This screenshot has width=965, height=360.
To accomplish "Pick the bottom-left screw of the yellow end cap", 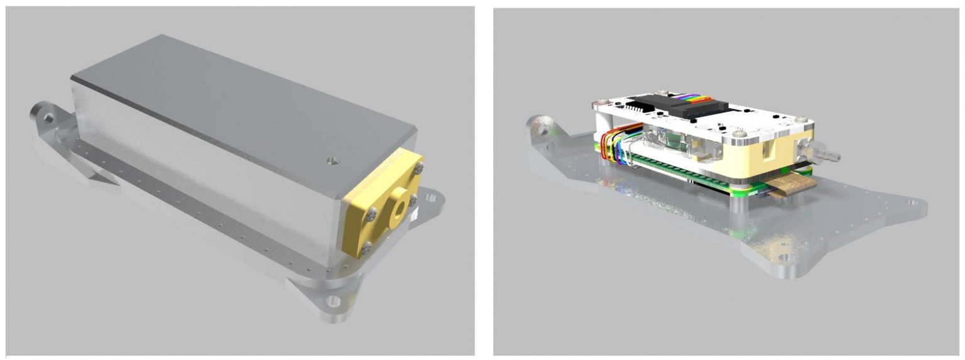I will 367,251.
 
